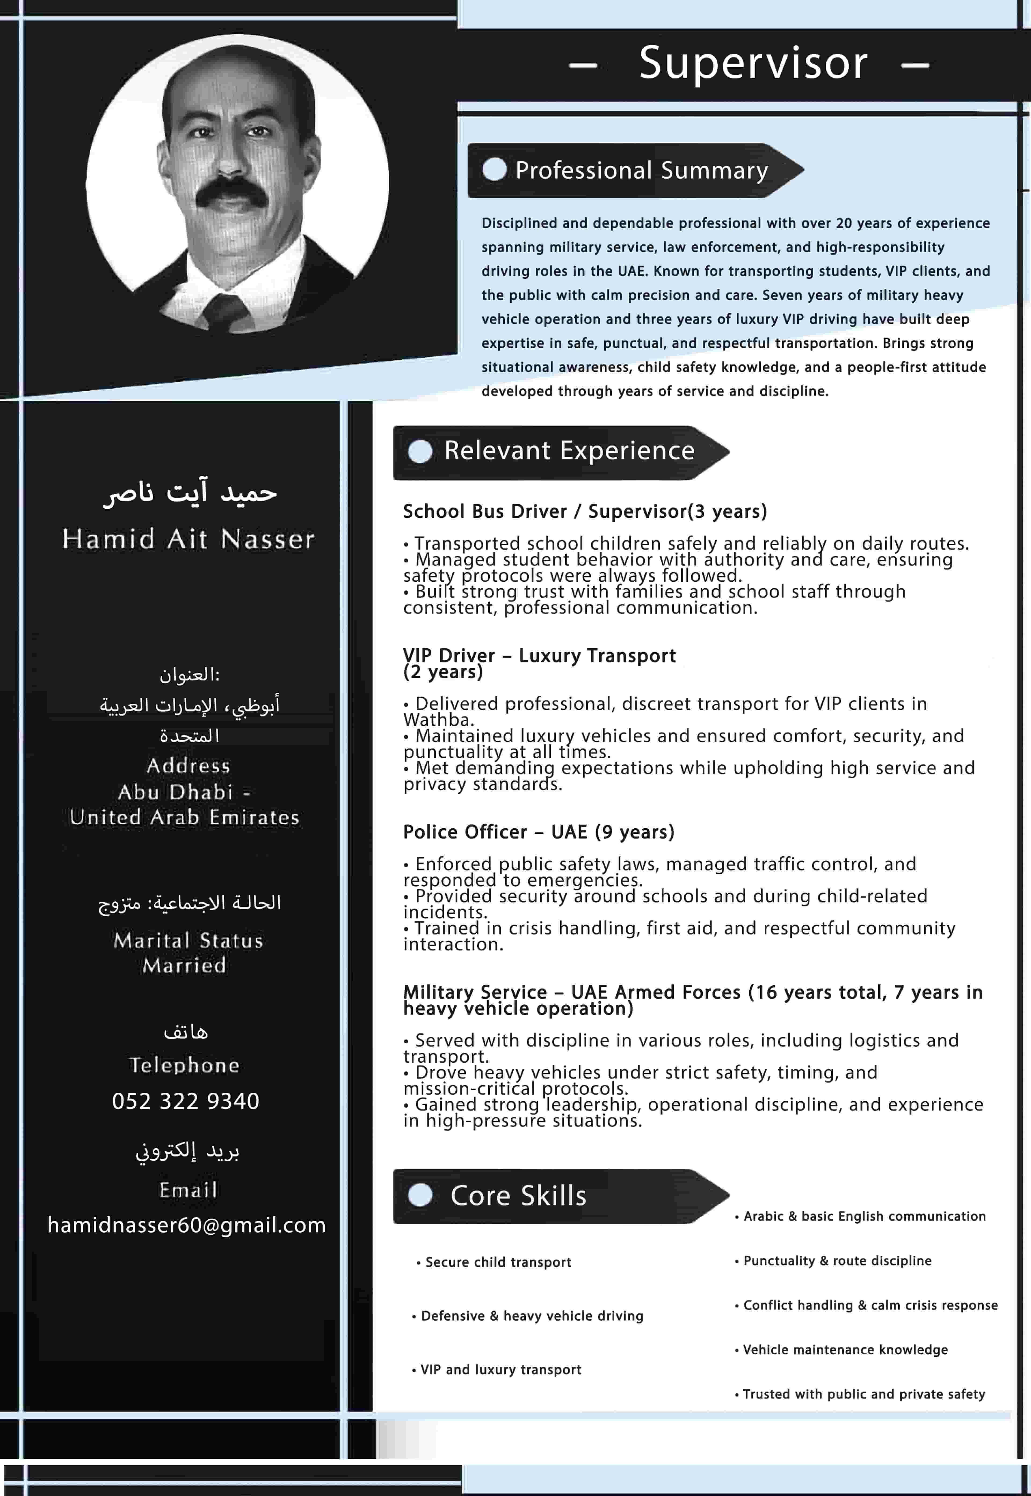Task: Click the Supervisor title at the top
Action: tap(753, 63)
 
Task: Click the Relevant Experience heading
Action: tap(568, 451)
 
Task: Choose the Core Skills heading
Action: tap(518, 1196)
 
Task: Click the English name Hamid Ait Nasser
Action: tap(188, 539)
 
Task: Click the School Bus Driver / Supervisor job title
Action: tap(585, 511)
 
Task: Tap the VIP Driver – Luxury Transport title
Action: tap(539, 656)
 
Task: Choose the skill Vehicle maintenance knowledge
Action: tap(845, 1349)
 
